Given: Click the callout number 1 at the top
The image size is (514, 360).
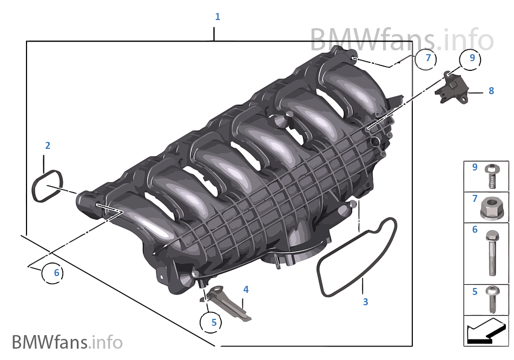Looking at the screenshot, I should point(218,17).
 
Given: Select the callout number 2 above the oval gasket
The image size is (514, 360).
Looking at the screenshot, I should point(48,146).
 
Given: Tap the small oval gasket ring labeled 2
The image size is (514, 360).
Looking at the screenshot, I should point(47,186).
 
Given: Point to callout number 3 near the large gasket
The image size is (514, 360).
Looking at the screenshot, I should point(365,302).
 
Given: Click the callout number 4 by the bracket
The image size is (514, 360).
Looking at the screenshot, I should point(246,290).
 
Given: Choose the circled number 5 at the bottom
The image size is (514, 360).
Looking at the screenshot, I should point(213,322).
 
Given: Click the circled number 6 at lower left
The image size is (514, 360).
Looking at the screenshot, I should point(56,273).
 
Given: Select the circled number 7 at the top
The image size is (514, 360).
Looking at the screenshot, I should point(428,58).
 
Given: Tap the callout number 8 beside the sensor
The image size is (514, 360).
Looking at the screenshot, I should point(491,91).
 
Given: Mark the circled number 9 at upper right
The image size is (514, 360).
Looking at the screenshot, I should point(472,58).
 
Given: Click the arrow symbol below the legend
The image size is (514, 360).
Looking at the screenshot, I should point(485,331).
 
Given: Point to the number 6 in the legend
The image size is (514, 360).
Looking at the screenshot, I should point(475,230).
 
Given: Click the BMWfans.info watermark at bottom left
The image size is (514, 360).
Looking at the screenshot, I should point(67,342).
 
